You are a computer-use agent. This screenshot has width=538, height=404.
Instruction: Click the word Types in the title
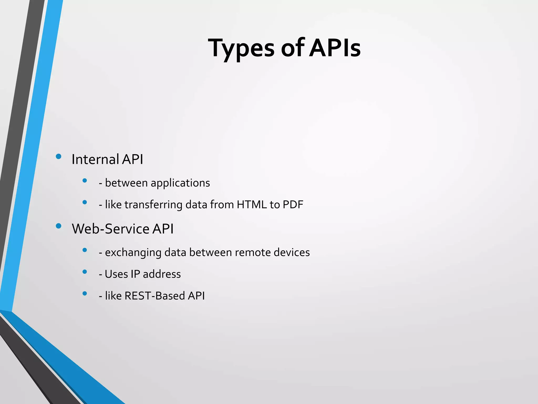coord(241,48)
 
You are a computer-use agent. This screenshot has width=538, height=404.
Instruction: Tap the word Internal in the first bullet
coord(95,159)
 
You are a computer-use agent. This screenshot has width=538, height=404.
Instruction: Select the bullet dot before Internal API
coord(59,157)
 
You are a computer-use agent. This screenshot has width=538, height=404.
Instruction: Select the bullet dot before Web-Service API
coord(59,226)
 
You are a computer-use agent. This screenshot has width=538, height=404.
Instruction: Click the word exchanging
coord(133,252)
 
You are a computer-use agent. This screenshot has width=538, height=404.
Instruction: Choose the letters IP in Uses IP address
coord(135,274)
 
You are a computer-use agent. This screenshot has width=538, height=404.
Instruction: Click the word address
coord(162,274)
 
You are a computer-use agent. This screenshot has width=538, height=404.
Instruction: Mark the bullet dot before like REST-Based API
coord(85,293)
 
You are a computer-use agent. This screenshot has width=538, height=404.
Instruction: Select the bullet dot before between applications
coord(85,180)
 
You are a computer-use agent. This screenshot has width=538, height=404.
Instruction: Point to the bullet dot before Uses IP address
coord(85,272)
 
